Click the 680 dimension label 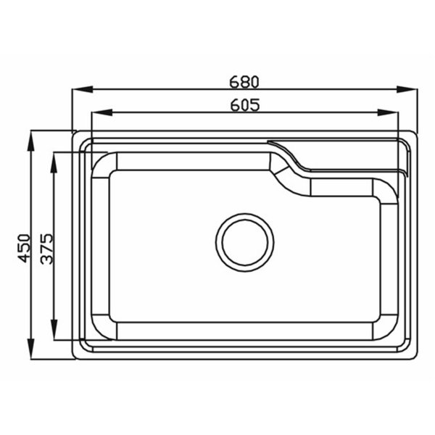(244, 82)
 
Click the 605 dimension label (245, 105)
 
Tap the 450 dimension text (24, 248)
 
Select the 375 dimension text (46, 249)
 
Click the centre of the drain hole (245, 242)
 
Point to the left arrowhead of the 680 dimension (83, 90)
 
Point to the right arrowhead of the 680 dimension (407, 90)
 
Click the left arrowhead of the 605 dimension (101, 112)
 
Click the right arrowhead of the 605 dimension (388, 112)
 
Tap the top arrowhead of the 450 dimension (30, 141)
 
